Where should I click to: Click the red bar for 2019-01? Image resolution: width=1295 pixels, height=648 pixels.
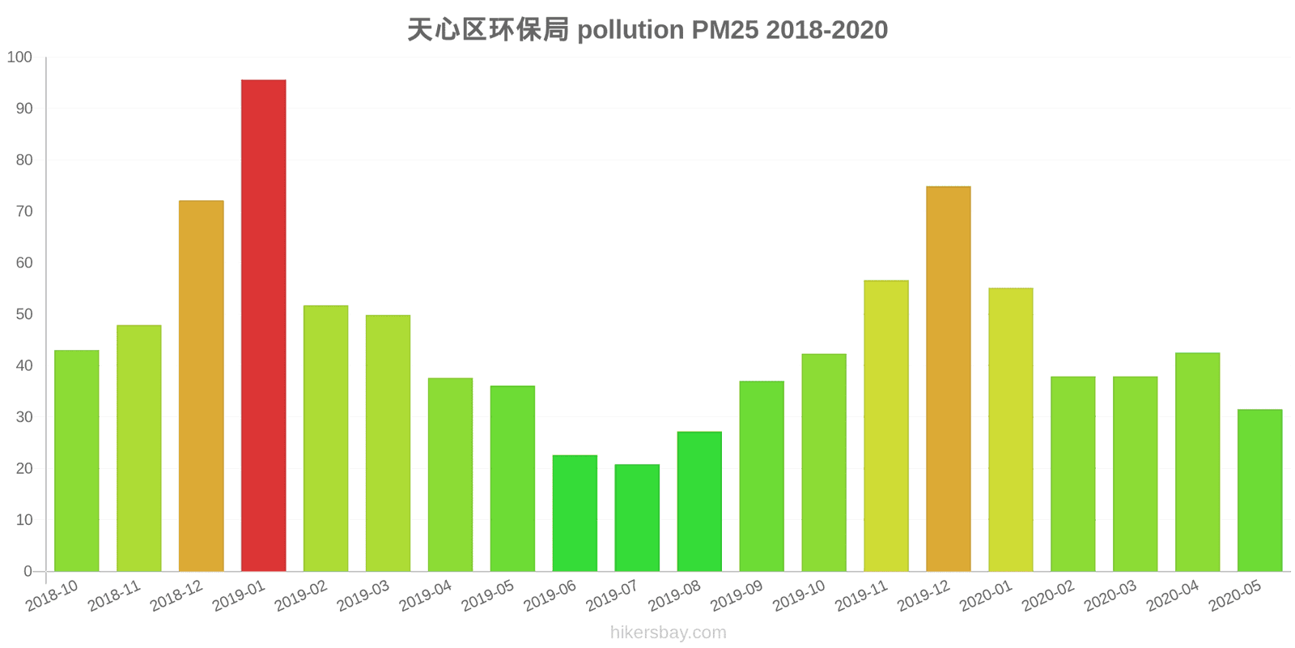pos(263,326)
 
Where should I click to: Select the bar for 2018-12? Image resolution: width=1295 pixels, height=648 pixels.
pos(201,386)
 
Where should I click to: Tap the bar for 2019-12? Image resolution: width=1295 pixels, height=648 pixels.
pos(948,379)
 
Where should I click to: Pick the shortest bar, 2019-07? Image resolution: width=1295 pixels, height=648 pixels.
pos(637,518)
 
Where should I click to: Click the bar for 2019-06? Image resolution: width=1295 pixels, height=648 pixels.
pos(575,513)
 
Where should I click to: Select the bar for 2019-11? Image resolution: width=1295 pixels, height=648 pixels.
pos(885,426)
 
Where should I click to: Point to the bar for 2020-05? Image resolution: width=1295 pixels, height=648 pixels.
pos(1259,490)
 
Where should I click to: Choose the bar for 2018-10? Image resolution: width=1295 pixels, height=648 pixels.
pos(77,461)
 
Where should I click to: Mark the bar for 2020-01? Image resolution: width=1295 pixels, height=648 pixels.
pos(1010,429)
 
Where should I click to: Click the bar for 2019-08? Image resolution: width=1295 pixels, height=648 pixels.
pos(699,501)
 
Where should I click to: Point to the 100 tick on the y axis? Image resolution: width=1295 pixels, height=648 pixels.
pos(19,58)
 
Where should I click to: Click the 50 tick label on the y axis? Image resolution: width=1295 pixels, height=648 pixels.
pos(23,314)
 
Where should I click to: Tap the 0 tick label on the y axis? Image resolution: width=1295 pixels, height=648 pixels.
pos(28,571)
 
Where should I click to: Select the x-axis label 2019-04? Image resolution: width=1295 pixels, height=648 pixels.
pos(426,596)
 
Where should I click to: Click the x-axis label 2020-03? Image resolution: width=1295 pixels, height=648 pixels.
pos(1110,596)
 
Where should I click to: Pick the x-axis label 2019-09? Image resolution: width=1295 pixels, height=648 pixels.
pos(737,596)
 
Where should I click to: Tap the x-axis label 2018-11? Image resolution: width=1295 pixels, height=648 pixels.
pos(114,596)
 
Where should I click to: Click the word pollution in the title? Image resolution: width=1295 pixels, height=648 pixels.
pos(631,30)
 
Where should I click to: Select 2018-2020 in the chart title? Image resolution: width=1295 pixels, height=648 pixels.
pos(826,30)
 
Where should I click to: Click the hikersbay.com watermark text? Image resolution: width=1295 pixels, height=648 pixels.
pos(668,633)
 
